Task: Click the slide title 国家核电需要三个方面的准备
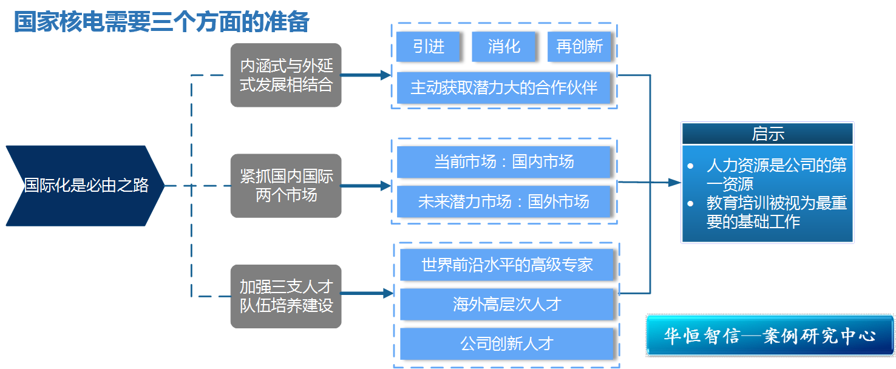[161, 22]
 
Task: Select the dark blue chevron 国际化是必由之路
[85, 186]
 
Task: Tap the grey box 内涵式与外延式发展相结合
[286, 75]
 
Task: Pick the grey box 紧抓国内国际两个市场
[286, 186]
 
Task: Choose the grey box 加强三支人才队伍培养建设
[286, 296]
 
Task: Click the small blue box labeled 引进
[427, 47]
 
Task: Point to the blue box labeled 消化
[503, 47]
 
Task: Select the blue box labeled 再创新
[579, 47]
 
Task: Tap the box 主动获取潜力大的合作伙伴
[504, 88]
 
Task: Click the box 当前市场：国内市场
[503, 162]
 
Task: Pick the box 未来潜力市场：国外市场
[503, 201]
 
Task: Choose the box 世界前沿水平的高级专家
[506, 265]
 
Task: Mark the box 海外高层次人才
[506, 304]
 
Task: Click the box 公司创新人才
[506, 344]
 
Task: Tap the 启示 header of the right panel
[767, 134]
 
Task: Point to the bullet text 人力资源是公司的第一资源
[776, 175]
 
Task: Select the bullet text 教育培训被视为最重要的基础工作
[776, 212]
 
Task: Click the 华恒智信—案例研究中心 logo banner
[769, 336]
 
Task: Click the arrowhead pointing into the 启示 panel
[674, 182]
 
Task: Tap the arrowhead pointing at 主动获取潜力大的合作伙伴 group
[385, 75]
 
